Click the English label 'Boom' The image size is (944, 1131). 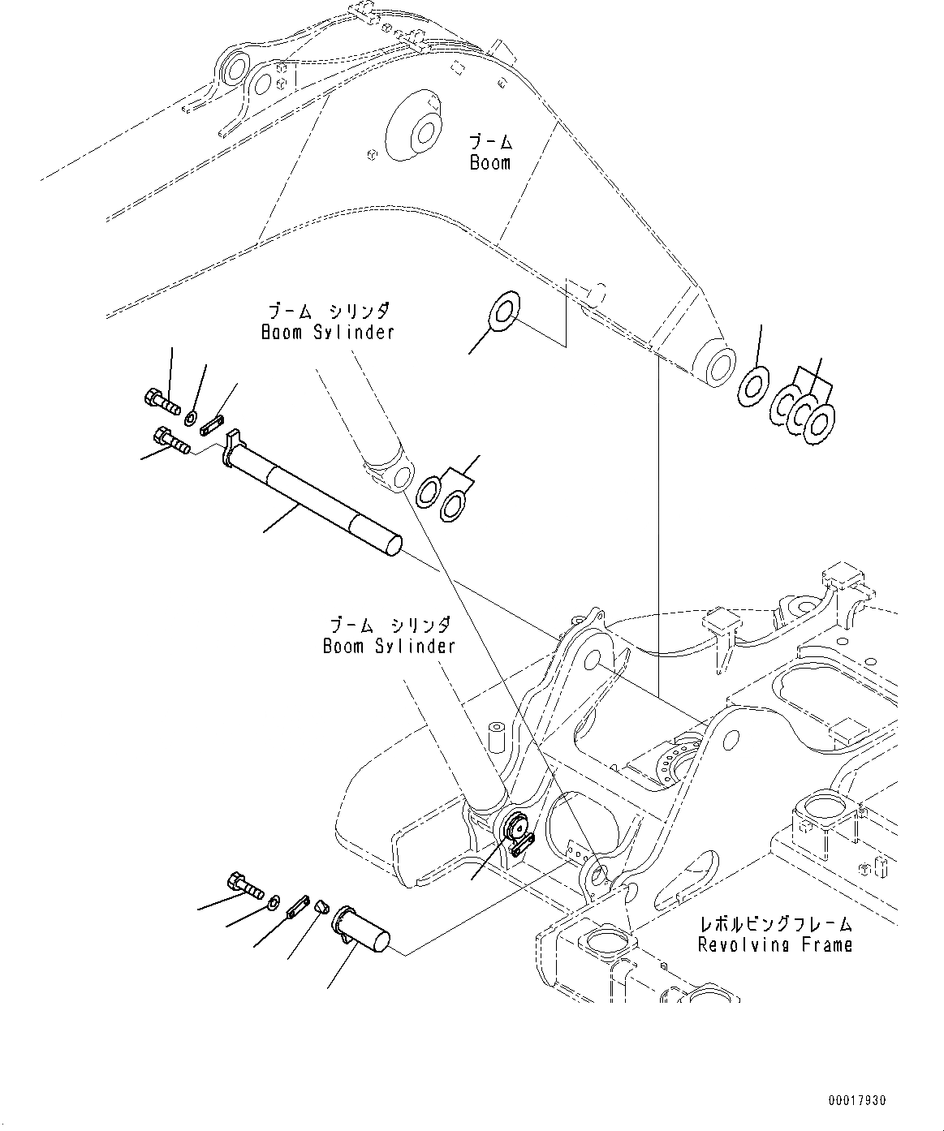pos(490,162)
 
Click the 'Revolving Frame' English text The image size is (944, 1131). pos(775,944)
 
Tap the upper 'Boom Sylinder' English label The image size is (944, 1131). pos(327,332)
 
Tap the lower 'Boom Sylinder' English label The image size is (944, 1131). pos(388,646)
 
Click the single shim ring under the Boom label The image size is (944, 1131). pos(502,311)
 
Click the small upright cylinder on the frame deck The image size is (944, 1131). pos(495,736)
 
